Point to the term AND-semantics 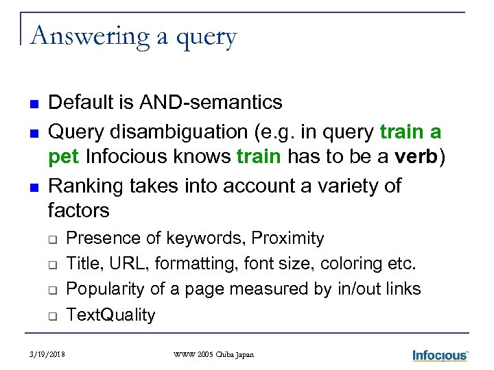[211, 103]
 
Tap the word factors [79, 210]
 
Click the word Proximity [287, 238]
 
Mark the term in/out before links [360, 289]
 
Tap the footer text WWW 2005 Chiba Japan [213, 355]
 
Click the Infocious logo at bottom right [440, 355]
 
